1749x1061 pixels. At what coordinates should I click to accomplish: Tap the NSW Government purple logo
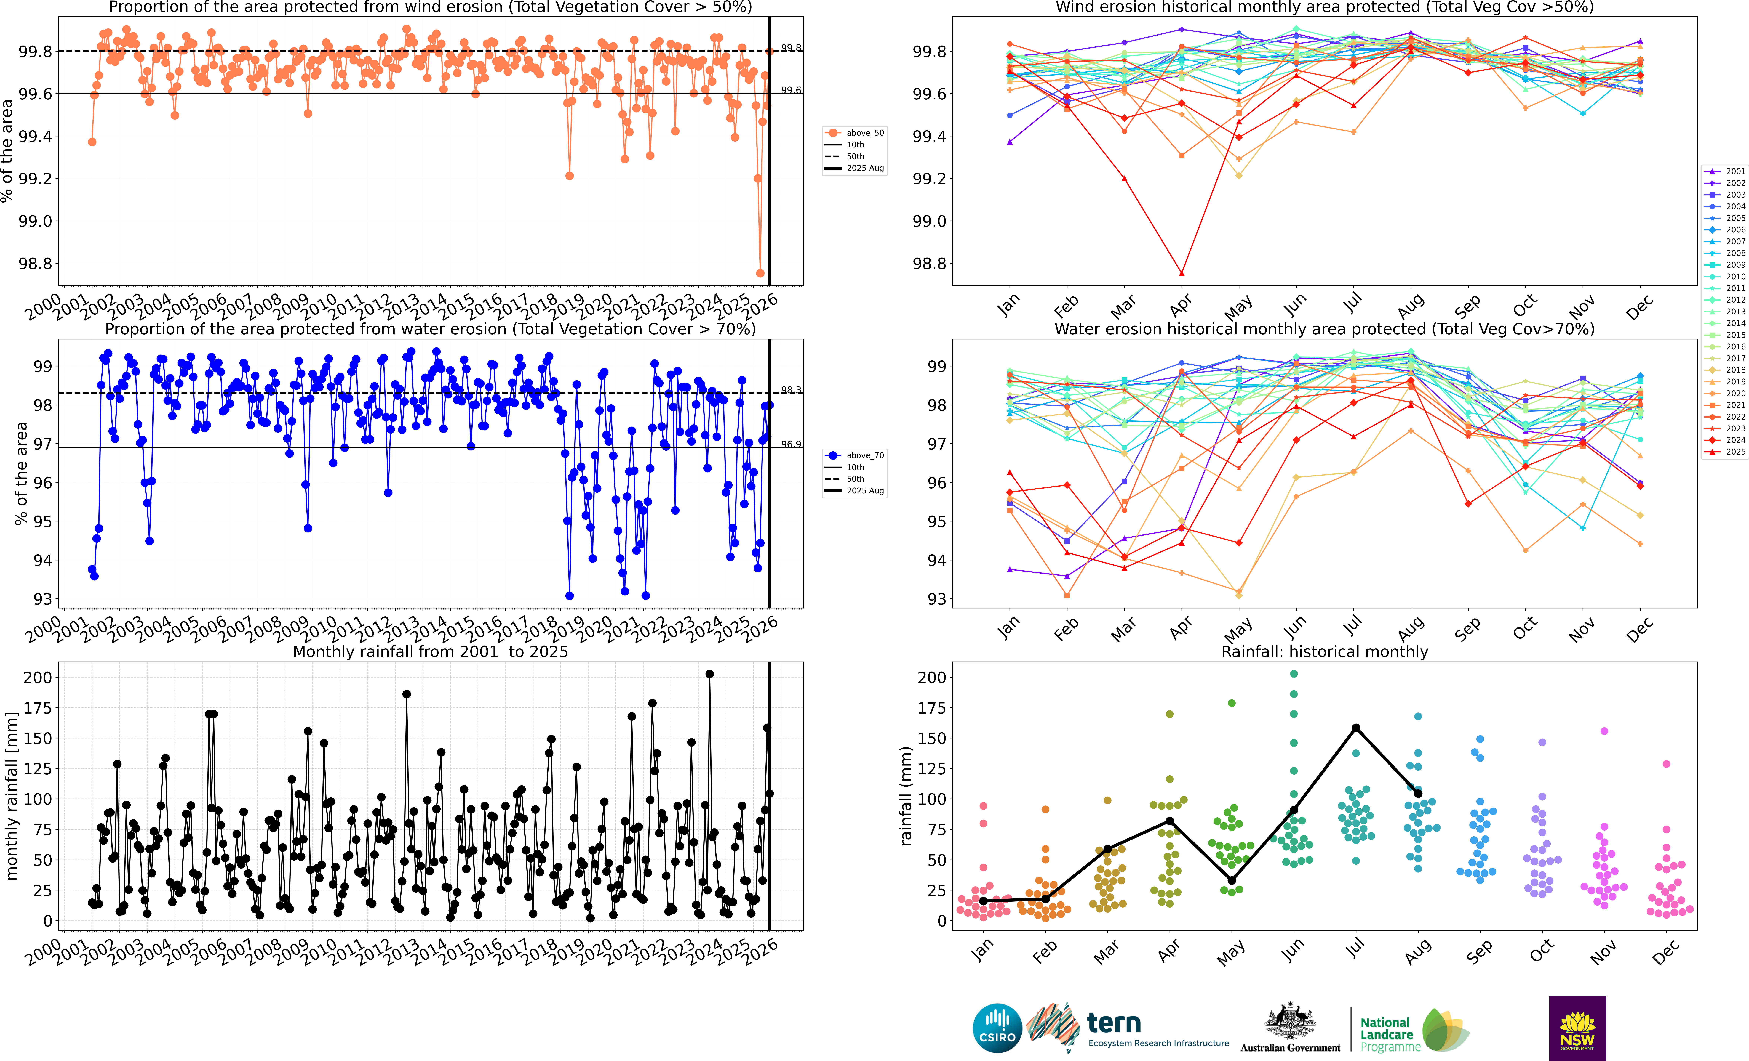(1577, 1028)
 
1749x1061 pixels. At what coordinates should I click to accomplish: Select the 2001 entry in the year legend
(1726, 171)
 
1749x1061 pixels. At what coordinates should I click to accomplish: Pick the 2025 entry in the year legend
(1726, 451)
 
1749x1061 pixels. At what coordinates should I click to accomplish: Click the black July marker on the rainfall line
(1356, 727)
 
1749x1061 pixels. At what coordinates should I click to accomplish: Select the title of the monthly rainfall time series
(430, 651)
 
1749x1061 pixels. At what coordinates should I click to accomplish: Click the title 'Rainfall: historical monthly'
(1324, 651)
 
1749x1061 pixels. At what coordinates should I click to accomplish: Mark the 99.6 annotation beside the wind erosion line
(791, 90)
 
